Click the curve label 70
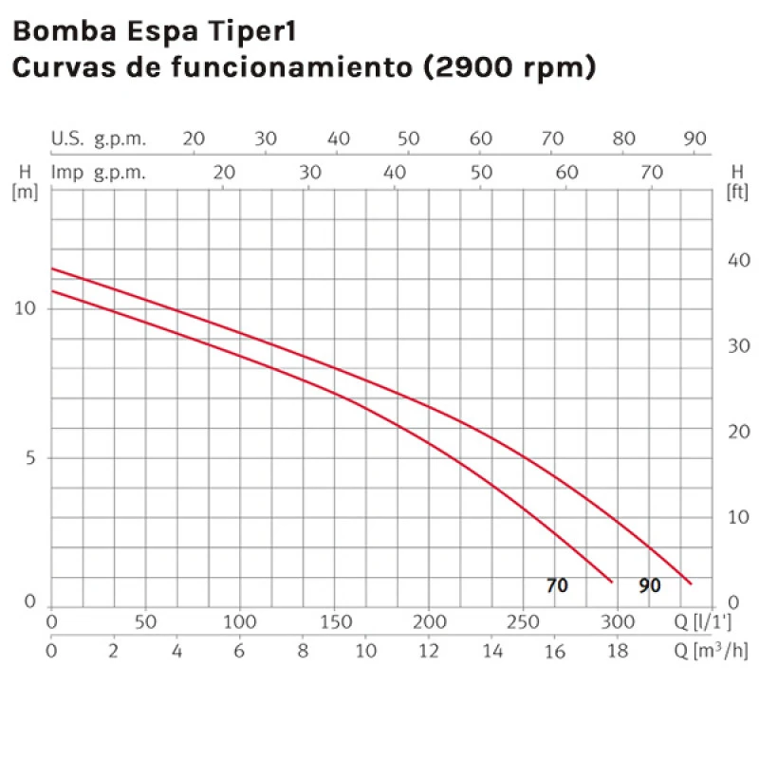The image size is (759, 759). click(557, 585)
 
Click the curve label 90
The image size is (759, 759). click(649, 585)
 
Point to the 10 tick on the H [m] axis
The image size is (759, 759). click(27, 310)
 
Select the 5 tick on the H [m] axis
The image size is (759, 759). click(29, 458)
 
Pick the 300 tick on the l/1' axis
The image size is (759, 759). click(618, 622)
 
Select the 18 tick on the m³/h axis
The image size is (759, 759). click(618, 651)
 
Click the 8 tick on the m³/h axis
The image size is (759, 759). click(303, 651)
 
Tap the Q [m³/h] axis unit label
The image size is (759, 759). click(710, 651)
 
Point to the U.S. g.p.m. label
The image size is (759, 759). click(99, 139)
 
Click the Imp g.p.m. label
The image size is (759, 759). click(99, 173)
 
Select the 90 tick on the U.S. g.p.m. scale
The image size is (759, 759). click(695, 139)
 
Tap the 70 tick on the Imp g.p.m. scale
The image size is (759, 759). click(651, 173)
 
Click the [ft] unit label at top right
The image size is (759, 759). click(737, 192)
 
